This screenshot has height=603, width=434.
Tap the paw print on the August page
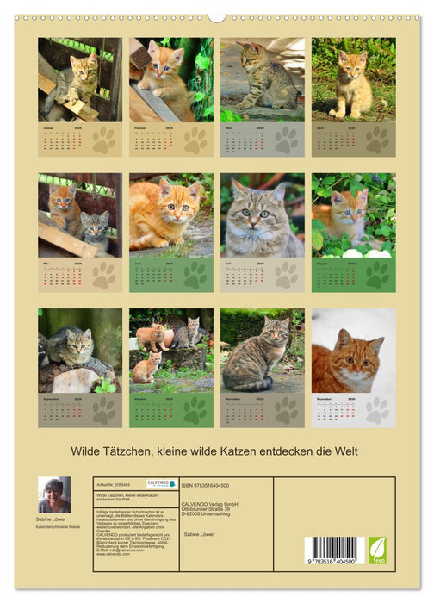point(377,275)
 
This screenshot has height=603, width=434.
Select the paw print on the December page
point(377,410)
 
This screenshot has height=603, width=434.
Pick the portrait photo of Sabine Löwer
point(54,495)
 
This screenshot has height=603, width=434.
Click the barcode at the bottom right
point(332,549)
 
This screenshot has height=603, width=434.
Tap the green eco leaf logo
point(377,550)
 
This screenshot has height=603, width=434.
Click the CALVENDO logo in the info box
point(161,484)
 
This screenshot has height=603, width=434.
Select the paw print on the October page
point(195,410)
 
